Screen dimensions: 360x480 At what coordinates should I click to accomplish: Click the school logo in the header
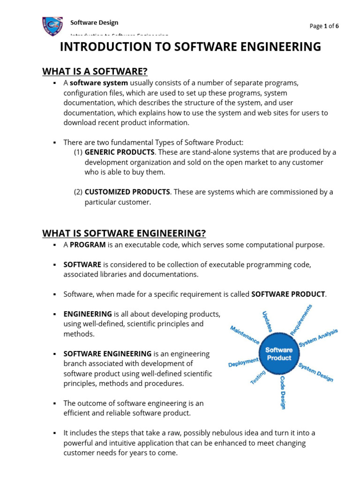point(52,26)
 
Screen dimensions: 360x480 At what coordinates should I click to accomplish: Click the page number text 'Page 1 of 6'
point(324,26)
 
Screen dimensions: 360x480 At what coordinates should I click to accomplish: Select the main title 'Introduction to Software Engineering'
point(190,47)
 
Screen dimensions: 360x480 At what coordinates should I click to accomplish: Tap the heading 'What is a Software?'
point(95,71)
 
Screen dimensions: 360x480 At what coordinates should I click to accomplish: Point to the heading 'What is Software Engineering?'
point(124,233)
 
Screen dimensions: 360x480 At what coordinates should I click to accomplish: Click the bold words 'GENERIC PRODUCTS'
point(120,152)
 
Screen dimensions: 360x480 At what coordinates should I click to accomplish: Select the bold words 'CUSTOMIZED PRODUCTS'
point(127,192)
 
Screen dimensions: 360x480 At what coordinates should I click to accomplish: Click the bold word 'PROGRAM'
point(88,245)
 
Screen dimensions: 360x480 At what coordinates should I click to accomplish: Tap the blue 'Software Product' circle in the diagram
point(279,354)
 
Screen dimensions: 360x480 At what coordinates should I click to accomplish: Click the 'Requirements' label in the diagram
point(301,320)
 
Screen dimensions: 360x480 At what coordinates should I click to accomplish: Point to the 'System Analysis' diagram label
point(318,337)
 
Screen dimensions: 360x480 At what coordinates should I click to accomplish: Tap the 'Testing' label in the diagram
point(258,378)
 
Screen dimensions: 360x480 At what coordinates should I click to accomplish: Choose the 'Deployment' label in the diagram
point(243,362)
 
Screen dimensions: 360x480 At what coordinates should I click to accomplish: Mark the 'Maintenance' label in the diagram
point(244,336)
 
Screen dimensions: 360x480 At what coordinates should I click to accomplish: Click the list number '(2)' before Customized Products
point(78,192)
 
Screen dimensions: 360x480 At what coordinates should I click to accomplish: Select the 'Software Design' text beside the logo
point(94,22)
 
